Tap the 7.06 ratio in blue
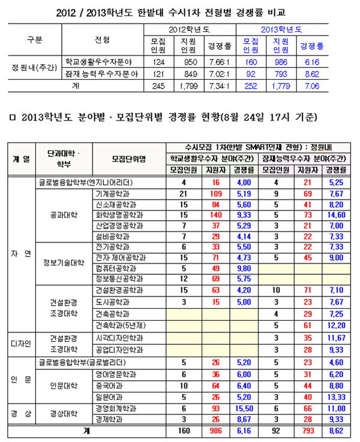(311, 86)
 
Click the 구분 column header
(34, 40)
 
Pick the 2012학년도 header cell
(186, 28)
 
